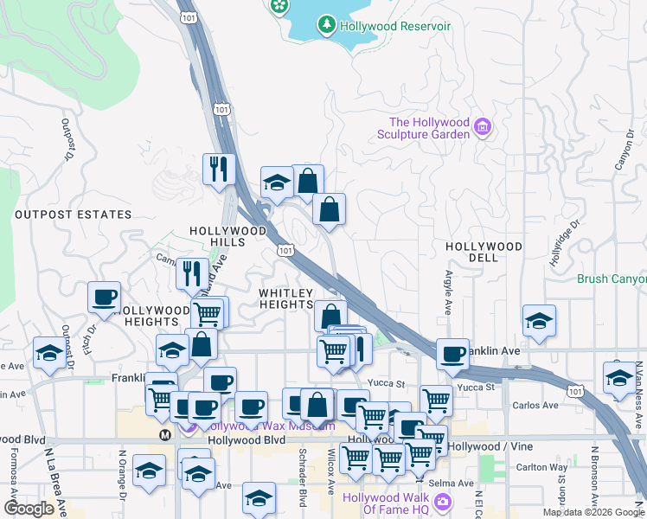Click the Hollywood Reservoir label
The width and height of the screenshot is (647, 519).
point(395,26)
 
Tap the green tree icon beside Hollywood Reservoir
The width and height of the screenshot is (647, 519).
point(327,25)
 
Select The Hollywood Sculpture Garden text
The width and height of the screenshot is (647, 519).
point(429,128)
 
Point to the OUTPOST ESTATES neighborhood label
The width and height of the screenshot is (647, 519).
point(74,215)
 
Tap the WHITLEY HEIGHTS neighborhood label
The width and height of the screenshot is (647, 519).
point(286,299)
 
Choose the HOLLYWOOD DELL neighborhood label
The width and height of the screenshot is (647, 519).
point(484,252)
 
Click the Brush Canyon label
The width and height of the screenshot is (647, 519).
point(612,279)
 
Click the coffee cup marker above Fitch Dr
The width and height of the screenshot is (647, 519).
point(104,298)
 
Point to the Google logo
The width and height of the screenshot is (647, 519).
point(29,509)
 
